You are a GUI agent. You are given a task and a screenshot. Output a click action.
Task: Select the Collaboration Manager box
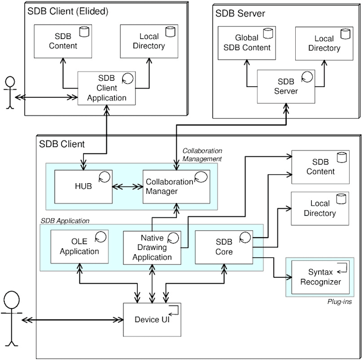tap(176, 187)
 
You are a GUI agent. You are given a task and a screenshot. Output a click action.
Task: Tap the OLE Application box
tap(79, 246)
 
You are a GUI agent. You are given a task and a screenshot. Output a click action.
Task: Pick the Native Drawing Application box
tap(152, 246)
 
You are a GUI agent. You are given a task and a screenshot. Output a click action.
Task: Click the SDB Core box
tap(224, 246)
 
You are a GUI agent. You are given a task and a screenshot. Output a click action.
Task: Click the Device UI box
tap(152, 319)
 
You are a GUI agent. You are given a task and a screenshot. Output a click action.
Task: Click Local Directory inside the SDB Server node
tap(324, 42)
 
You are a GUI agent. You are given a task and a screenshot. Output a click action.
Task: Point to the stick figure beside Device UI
tap(11, 318)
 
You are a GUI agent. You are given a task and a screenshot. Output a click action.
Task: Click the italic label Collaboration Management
tap(202, 154)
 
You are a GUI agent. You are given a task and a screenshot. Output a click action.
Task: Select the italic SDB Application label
tap(65, 220)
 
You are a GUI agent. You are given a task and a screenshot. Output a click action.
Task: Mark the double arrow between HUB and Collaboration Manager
tap(128, 187)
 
